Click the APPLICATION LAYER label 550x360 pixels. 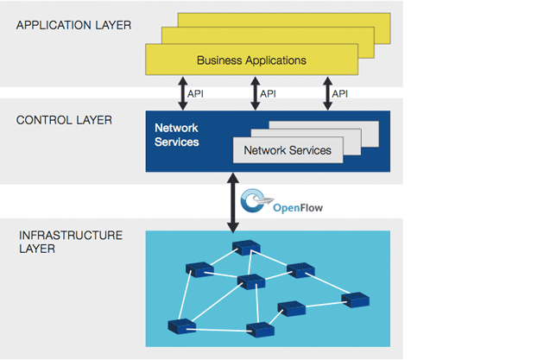pyautogui.click(x=73, y=25)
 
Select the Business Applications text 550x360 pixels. pyautogui.click(x=251, y=60)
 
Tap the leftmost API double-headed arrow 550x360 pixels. pyautogui.click(x=183, y=92)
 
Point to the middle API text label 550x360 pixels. pyautogui.click(x=268, y=93)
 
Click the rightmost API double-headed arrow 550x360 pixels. pyautogui.click(x=328, y=92)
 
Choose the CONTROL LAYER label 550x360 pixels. pyautogui.click(x=64, y=120)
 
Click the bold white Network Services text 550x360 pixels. pyautogui.click(x=176, y=135)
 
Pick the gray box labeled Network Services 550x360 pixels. pyautogui.click(x=288, y=150)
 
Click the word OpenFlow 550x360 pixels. pyautogui.click(x=298, y=207)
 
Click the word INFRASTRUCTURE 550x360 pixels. pyautogui.click(x=70, y=235)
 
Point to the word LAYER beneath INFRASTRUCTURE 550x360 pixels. pyautogui.click(x=35, y=249)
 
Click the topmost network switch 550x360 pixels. pyautogui.click(x=245, y=248)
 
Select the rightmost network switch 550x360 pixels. pyautogui.click(x=355, y=300)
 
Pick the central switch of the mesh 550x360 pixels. pyautogui.click(x=250, y=281)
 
